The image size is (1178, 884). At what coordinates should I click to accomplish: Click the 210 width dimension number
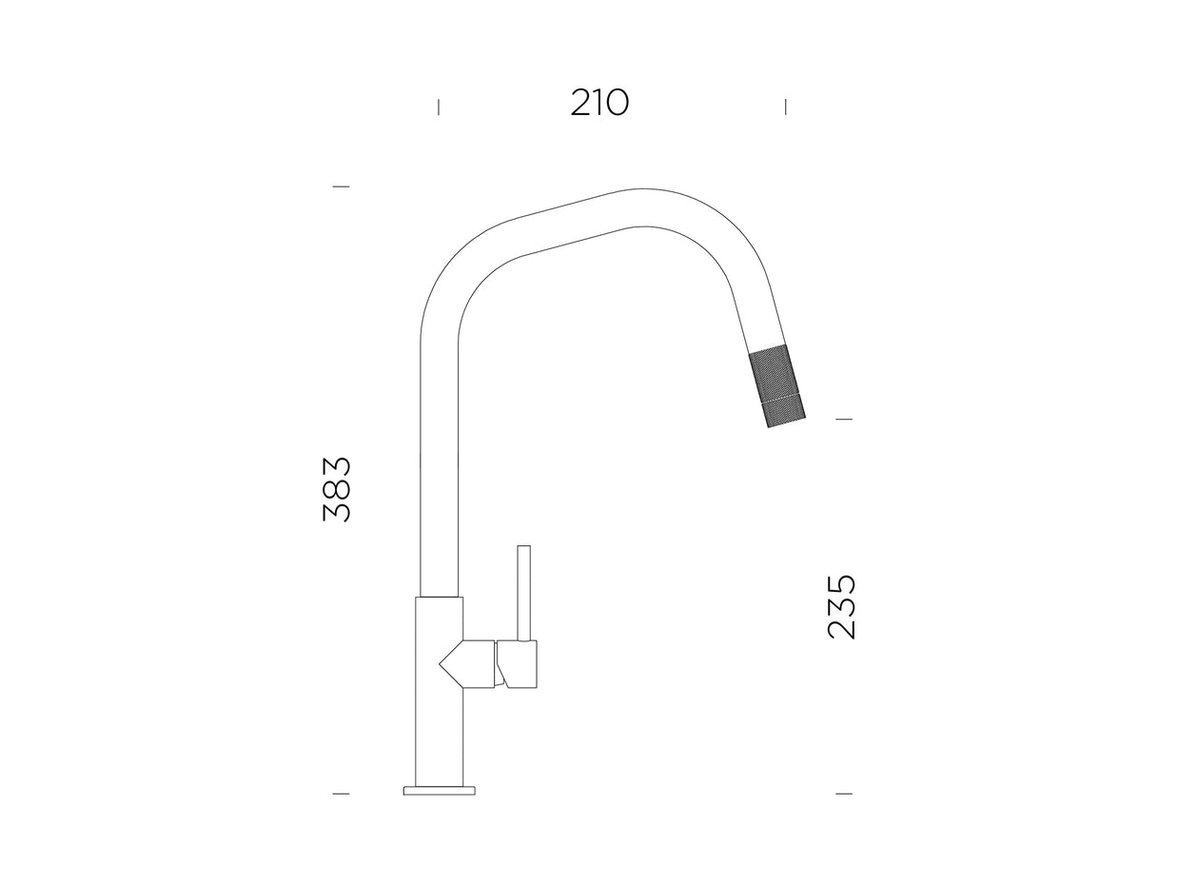coord(599,103)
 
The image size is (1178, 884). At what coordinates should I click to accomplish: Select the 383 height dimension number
coord(337,489)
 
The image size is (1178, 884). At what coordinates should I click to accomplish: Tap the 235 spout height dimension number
coord(841,607)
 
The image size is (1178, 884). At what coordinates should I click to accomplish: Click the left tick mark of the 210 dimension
coord(439,108)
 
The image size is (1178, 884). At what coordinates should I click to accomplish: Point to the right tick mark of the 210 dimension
coord(785,107)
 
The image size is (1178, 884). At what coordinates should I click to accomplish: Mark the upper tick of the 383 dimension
coord(341,187)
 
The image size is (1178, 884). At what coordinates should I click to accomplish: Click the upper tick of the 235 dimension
coord(844,420)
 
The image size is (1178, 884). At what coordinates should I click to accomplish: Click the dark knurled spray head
coord(777,387)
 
